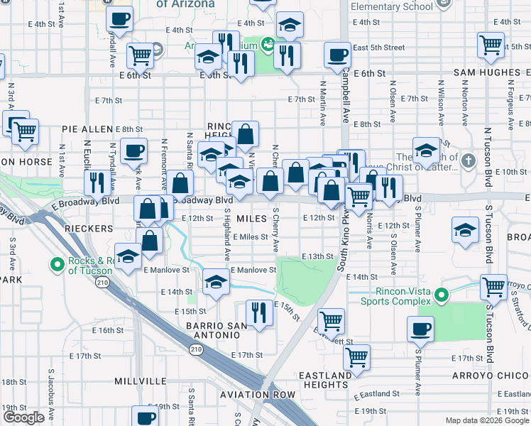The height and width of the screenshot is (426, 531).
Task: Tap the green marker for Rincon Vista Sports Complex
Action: pos(441,294)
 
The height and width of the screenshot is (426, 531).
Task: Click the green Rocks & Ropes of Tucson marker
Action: pos(58,266)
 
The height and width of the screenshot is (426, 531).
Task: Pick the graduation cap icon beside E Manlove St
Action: pos(216,282)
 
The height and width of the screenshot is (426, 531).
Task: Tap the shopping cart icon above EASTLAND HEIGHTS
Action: pos(356,356)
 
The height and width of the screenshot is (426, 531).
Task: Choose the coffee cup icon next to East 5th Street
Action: pos(337,55)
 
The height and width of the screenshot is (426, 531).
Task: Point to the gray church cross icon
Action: pos(467,160)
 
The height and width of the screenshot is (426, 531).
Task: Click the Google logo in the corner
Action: pos(23,417)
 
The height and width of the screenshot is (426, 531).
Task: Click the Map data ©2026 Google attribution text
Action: pos(486,421)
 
